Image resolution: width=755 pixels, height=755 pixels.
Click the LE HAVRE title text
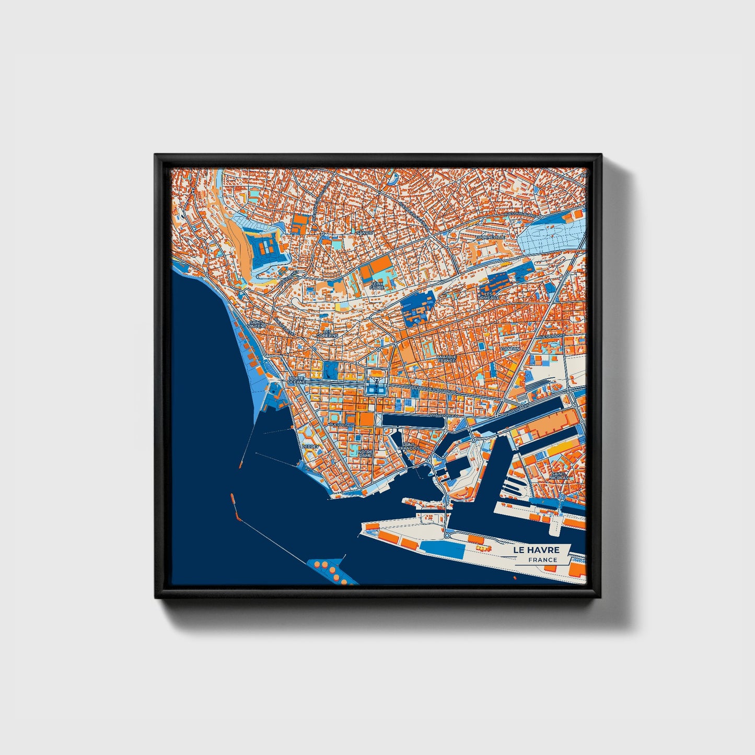point(536,550)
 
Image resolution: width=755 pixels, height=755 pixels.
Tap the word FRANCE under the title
point(542,560)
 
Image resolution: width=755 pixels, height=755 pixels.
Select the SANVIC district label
point(364,233)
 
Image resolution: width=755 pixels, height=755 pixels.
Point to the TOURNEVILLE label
point(490,237)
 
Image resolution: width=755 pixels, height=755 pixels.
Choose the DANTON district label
point(510,348)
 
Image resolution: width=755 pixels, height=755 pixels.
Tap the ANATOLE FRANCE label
point(446,358)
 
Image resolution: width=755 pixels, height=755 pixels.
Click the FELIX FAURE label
point(377,285)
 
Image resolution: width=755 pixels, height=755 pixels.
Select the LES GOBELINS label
point(330,333)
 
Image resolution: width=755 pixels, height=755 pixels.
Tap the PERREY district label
point(309,446)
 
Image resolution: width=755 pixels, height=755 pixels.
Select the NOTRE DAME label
point(365,453)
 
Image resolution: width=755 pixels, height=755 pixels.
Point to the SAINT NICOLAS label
point(559,475)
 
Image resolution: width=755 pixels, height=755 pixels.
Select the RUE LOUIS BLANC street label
point(519,214)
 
